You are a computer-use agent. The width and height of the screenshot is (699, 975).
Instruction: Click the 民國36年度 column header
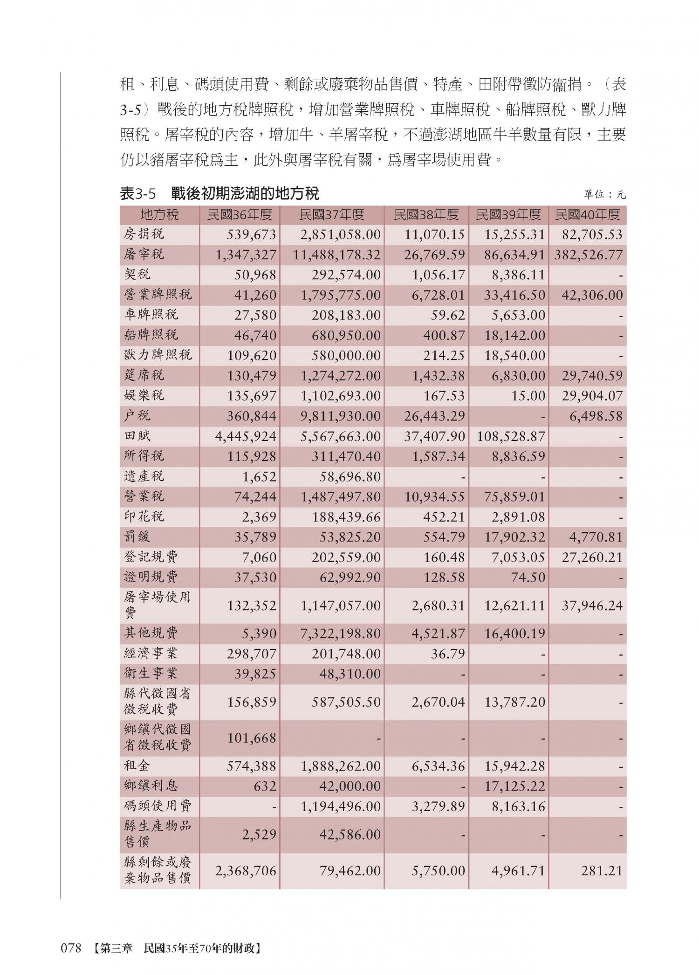(239, 215)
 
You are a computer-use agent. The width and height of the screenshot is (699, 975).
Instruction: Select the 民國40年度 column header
(588, 215)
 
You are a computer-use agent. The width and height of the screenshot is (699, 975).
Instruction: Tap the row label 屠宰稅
(144, 254)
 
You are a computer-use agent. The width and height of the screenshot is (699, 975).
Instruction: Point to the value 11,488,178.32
(337, 255)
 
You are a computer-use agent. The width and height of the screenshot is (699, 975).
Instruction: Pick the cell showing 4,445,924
(246, 437)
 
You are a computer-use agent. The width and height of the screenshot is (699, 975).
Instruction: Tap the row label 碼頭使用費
(158, 805)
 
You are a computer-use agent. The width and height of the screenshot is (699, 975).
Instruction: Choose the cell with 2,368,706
(246, 871)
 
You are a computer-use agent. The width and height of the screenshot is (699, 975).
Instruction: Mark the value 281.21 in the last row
(602, 871)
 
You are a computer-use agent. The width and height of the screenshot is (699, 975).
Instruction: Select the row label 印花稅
(144, 516)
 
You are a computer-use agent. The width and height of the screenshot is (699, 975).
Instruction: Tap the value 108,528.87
(511, 437)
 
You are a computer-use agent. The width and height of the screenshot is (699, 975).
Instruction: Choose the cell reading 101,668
(252, 738)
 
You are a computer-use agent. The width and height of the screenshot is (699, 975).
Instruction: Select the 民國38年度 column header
(426, 215)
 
